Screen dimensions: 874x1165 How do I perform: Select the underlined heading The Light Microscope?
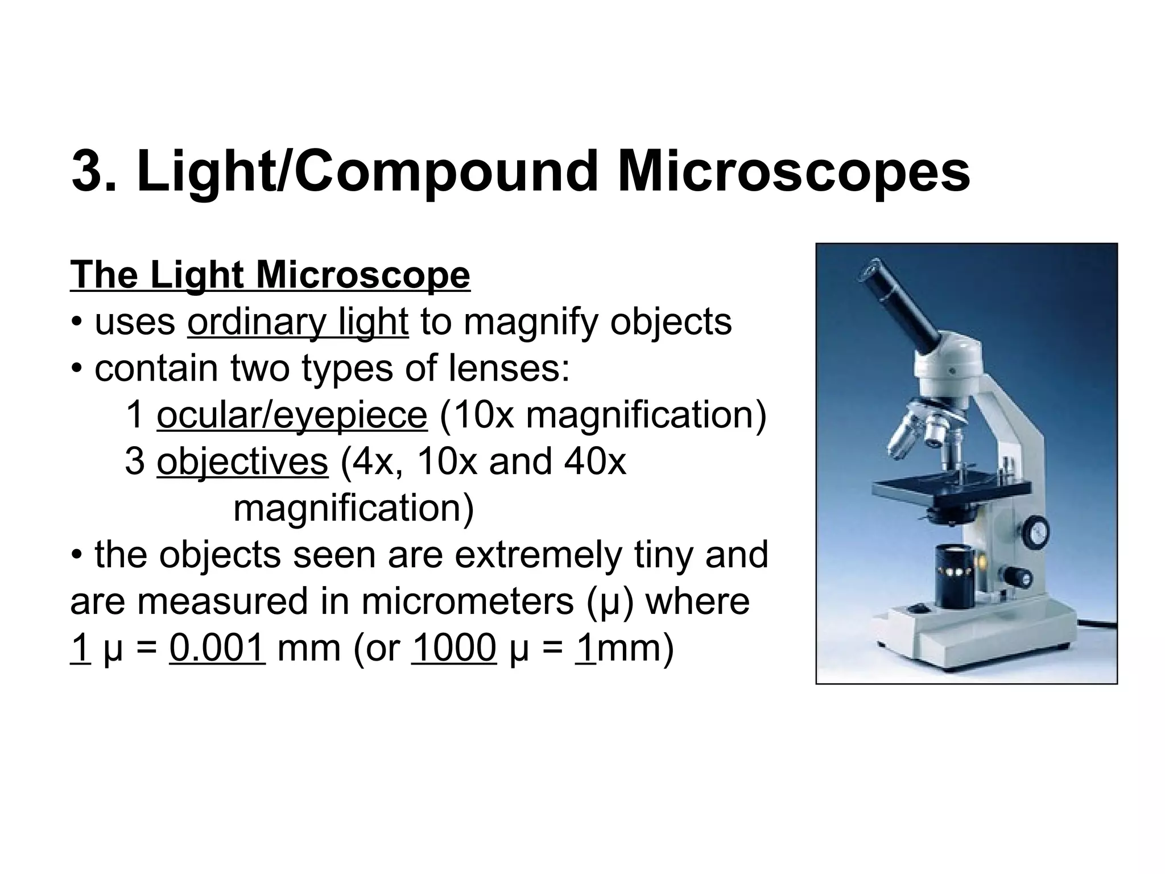point(270,275)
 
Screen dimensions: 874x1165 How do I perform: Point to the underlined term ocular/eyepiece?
point(292,415)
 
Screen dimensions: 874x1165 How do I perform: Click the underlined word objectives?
point(242,461)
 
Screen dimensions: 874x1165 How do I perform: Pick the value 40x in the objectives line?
point(595,461)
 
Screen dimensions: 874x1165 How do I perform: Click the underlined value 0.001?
point(217,648)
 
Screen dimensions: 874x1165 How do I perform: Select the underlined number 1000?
point(453,648)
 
